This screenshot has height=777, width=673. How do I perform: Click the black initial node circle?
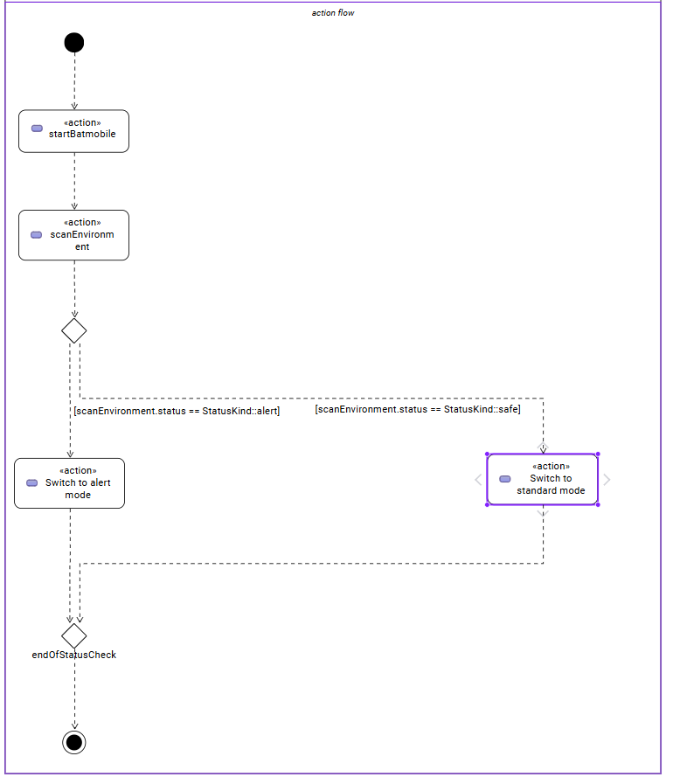point(74,43)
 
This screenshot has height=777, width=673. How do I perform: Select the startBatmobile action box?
point(74,131)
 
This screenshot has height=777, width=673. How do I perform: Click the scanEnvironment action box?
point(74,235)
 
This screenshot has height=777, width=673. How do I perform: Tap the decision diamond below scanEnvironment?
point(74,330)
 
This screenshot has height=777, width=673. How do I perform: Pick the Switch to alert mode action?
point(70,483)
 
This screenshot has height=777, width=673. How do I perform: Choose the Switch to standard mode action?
point(542,479)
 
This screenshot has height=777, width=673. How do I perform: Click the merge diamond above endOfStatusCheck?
point(74,635)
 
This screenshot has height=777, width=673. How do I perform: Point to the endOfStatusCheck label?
point(74,655)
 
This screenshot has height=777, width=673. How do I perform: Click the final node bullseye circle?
point(74,742)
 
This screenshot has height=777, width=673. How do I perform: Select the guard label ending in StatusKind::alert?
point(177,410)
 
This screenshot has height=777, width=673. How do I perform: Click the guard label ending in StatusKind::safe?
point(418,408)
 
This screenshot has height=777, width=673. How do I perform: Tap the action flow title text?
point(333,13)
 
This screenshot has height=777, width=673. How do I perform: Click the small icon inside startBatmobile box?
point(37,128)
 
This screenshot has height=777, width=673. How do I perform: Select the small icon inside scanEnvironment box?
point(37,235)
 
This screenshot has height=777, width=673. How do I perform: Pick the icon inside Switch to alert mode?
point(32,482)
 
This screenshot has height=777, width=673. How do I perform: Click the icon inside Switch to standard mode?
point(505,479)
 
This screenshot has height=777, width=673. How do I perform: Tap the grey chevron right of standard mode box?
point(607,479)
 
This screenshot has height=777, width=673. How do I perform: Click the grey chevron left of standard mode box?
point(477,479)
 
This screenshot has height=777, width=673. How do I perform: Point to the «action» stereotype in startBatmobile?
point(82,122)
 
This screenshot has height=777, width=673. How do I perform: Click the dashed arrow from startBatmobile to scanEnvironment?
point(74,181)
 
